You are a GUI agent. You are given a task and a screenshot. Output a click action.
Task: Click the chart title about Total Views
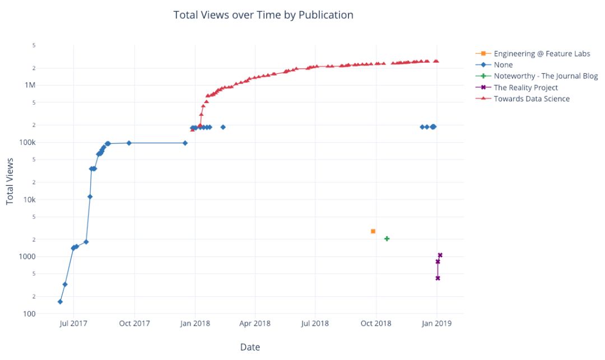[263, 15]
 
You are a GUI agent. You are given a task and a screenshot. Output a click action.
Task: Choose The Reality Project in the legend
[525, 87]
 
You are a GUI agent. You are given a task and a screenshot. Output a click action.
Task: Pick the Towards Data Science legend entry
[531, 99]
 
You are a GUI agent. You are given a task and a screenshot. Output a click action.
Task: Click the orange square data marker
[373, 231]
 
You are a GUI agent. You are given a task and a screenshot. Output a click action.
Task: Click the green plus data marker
[387, 239]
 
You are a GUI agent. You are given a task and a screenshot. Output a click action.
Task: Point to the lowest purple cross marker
[438, 278]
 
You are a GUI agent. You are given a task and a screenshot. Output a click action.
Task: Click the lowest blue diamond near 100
[60, 302]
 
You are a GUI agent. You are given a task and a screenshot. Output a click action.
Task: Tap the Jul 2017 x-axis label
[73, 324]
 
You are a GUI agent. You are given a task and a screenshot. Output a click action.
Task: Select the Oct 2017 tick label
[134, 324]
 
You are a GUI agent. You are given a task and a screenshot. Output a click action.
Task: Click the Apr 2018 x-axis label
[255, 324]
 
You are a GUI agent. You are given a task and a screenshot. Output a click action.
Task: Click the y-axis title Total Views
[10, 181]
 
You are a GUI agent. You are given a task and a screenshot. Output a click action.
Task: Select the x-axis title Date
[250, 347]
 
